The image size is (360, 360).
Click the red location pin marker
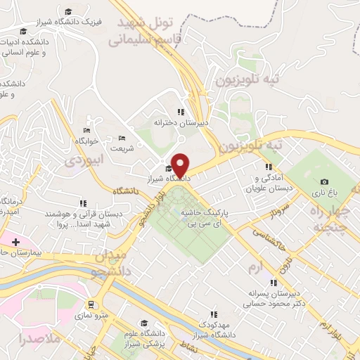[181, 165]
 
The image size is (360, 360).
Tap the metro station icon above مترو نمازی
[91, 304]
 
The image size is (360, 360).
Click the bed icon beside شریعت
[122, 137]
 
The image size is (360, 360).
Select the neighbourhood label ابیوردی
[84, 160]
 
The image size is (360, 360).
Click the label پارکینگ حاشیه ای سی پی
[205, 217]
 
